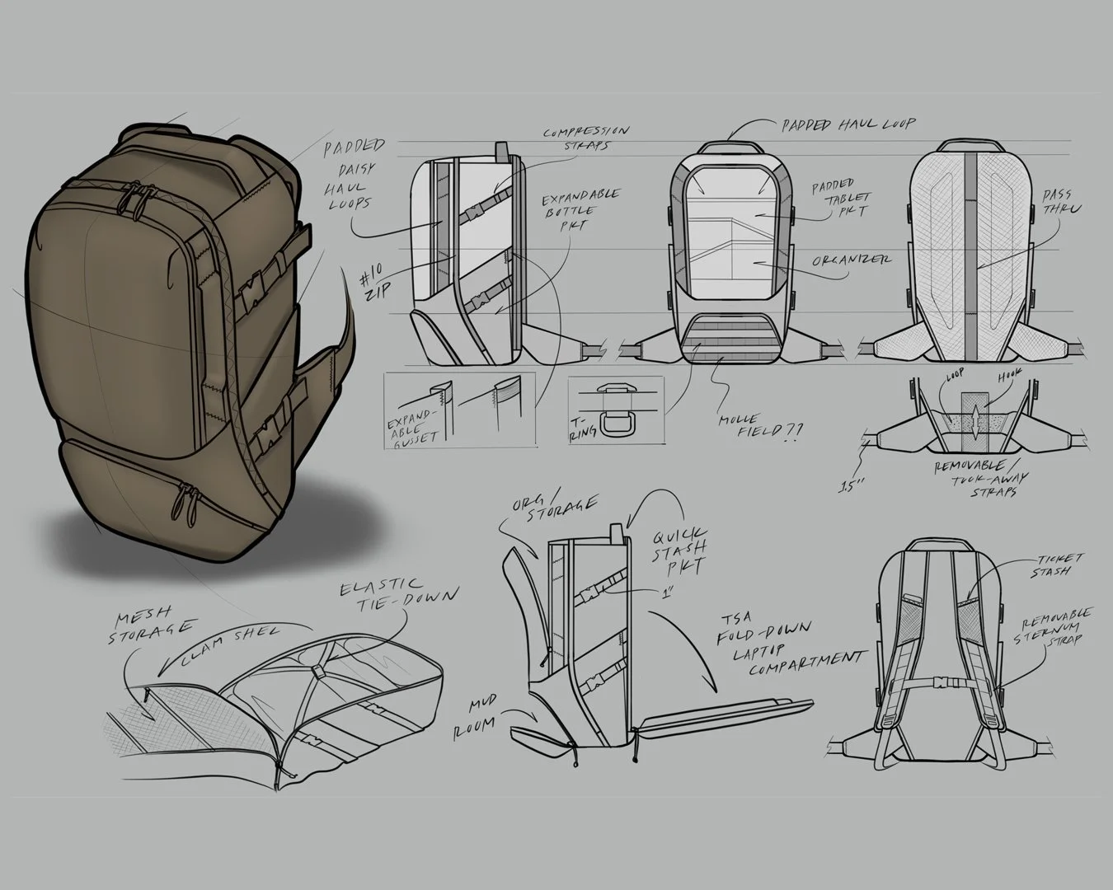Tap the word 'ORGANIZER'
point(852,260)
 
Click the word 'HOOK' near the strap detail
point(1012,374)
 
